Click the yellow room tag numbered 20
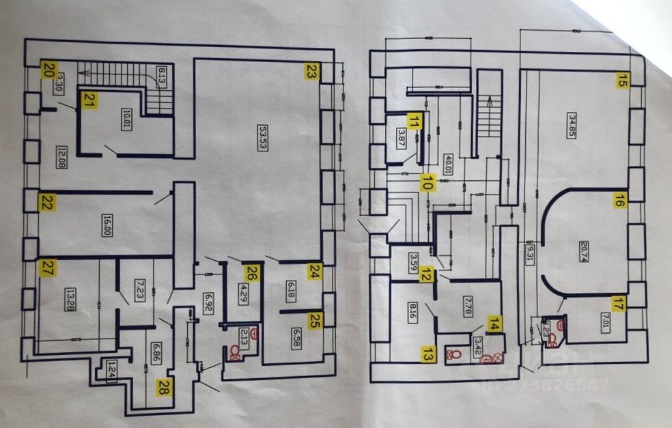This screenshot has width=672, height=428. (x=48, y=68)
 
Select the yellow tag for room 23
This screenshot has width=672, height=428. (x=312, y=71)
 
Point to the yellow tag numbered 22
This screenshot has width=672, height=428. (x=47, y=202)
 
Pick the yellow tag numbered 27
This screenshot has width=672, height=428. (x=46, y=268)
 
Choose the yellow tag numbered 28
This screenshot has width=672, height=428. (x=164, y=387)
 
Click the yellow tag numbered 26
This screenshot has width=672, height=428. (x=253, y=273)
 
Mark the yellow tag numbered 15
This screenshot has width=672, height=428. (x=621, y=80)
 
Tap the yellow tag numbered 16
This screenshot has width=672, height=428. (x=619, y=200)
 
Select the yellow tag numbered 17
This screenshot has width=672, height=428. (x=617, y=305)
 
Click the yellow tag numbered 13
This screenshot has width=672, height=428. (x=428, y=354)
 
